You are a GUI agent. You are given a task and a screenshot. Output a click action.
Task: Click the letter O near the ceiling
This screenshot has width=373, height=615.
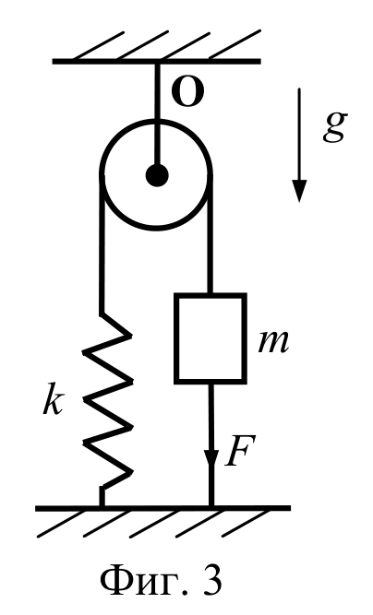click(x=188, y=94)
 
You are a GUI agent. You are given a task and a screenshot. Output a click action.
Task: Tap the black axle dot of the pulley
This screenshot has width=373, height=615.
click(x=157, y=175)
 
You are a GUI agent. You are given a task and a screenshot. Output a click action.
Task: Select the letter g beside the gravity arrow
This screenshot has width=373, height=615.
click(x=335, y=126)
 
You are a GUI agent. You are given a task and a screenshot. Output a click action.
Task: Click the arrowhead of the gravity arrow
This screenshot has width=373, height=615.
click(x=299, y=191)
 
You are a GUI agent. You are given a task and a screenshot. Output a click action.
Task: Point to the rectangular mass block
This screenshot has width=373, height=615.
click(x=211, y=338)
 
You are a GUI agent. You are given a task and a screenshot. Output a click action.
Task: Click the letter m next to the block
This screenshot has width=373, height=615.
click(x=273, y=342)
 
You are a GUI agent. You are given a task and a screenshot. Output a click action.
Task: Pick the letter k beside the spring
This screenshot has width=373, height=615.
click(x=53, y=400)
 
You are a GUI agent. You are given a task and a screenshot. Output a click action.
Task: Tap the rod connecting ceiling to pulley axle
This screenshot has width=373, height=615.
click(x=157, y=113)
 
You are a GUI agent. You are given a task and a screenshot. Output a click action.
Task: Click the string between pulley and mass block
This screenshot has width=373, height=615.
click(x=211, y=234)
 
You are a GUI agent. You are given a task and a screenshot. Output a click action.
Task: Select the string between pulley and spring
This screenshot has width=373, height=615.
click(x=102, y=243)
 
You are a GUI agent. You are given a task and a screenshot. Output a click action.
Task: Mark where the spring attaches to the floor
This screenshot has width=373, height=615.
click(x=102, y=506)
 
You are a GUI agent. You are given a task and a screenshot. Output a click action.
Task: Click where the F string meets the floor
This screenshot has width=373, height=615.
click(x=211, y=506)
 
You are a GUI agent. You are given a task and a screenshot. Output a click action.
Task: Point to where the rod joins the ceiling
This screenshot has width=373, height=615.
click(x=157, y=62)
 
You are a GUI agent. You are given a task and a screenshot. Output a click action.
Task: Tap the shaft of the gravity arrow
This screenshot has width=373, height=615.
click(x=299, y=135)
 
